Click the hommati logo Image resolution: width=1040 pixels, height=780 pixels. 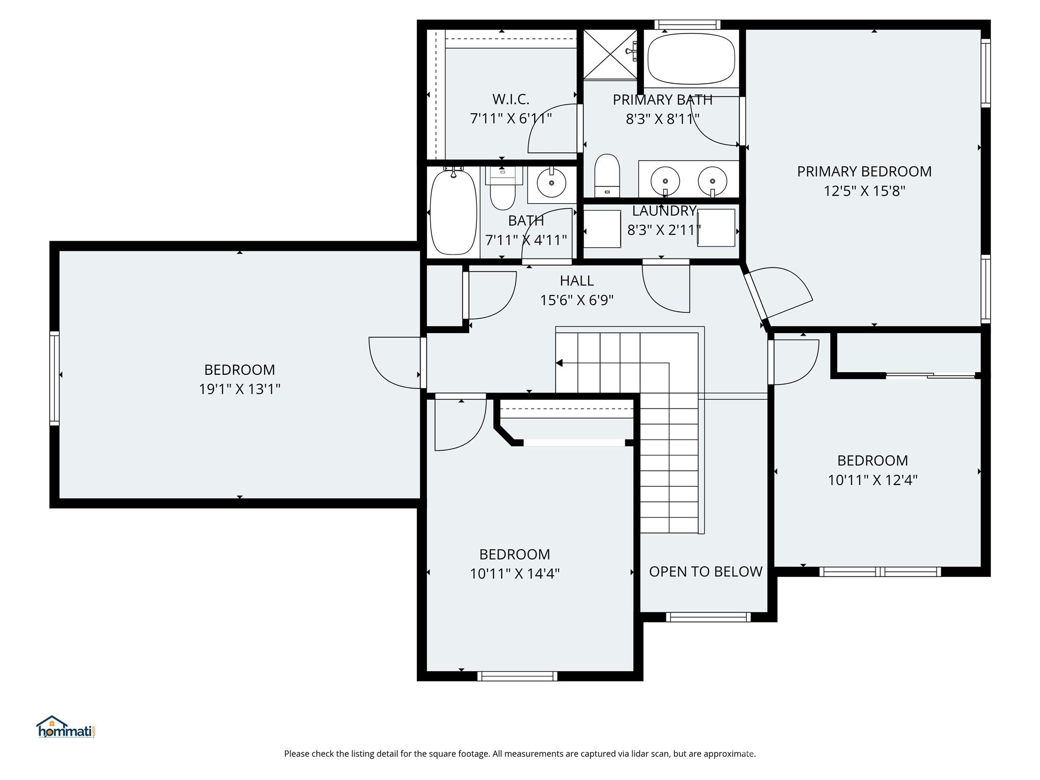tap(66, 727)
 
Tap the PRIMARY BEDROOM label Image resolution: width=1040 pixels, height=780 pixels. tap(864, 172)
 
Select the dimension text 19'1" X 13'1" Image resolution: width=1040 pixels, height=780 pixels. tap(239, 389)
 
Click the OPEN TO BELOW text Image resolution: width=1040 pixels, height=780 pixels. tap(705, 572)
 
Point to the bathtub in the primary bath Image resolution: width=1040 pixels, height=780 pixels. tap(691, 59)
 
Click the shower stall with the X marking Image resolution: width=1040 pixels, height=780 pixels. tap(609, 54)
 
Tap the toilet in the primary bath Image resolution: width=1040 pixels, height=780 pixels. tap(607, 175)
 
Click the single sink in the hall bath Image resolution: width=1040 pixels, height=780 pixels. tap(551, 182)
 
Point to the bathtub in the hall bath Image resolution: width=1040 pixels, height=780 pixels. tap(453, 212)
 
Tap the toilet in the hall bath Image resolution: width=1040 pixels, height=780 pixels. tap(503, 190)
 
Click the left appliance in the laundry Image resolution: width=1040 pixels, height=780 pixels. tap(602, 229)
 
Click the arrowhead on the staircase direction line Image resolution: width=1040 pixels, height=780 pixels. tap(559, 363)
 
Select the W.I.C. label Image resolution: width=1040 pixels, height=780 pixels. tap(510, 99)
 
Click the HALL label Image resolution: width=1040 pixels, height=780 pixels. tap(576, 281)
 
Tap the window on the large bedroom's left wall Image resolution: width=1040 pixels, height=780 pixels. tap(54, 378)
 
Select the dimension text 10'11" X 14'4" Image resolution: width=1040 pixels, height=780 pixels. tap(514, 574)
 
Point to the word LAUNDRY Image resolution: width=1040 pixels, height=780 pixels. tap(664, 211)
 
